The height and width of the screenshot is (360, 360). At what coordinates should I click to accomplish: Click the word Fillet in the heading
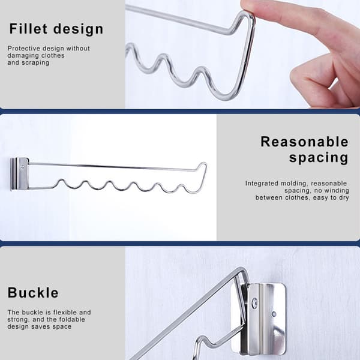(28, 29)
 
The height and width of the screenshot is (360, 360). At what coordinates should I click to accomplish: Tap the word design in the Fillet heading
(78, 29)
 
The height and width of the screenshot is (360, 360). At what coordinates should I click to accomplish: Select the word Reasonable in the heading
(304, 142)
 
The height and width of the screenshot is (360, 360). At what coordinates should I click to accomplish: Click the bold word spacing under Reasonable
(319, 158)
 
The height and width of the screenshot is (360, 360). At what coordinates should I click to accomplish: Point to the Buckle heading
(33, 293)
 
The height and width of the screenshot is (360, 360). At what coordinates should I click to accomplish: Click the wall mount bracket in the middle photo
(20, 174)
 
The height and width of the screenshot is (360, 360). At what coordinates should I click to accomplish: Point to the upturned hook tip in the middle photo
(202, 164)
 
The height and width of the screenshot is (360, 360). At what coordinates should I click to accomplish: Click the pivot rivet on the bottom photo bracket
(254, 303)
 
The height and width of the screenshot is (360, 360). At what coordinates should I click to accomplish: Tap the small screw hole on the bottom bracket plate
(274, 314)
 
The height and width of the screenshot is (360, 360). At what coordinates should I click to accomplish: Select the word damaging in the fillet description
(20, 56)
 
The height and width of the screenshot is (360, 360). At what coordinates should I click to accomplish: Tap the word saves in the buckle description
(44, 326)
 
